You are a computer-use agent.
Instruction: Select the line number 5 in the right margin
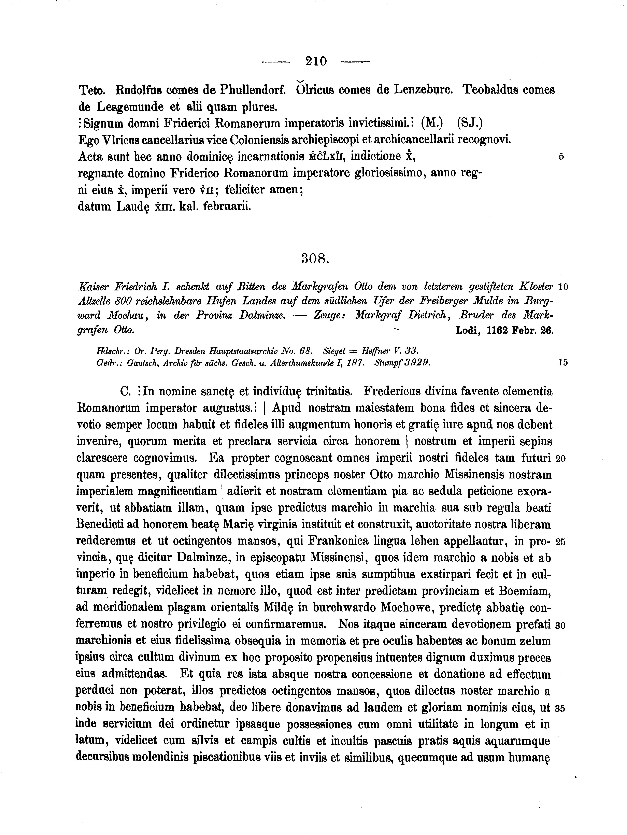point(561,156)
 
